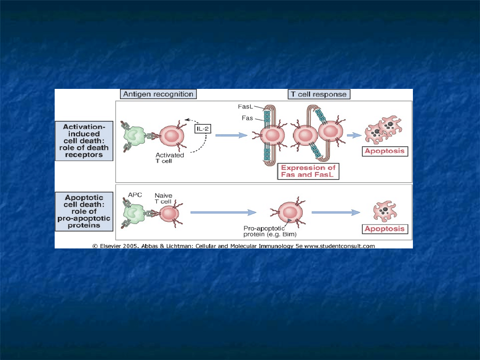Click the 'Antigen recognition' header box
[158, 94]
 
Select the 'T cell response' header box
[319, 94]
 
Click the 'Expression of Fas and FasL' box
[308, 171]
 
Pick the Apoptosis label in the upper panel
[385, 151]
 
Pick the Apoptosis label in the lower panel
[385, 229]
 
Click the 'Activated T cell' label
[170, 158]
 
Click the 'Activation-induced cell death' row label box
[84, 141]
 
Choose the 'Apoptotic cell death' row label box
[84, 212]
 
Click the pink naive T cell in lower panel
[169, 214]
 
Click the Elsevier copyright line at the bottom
[233, 246]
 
